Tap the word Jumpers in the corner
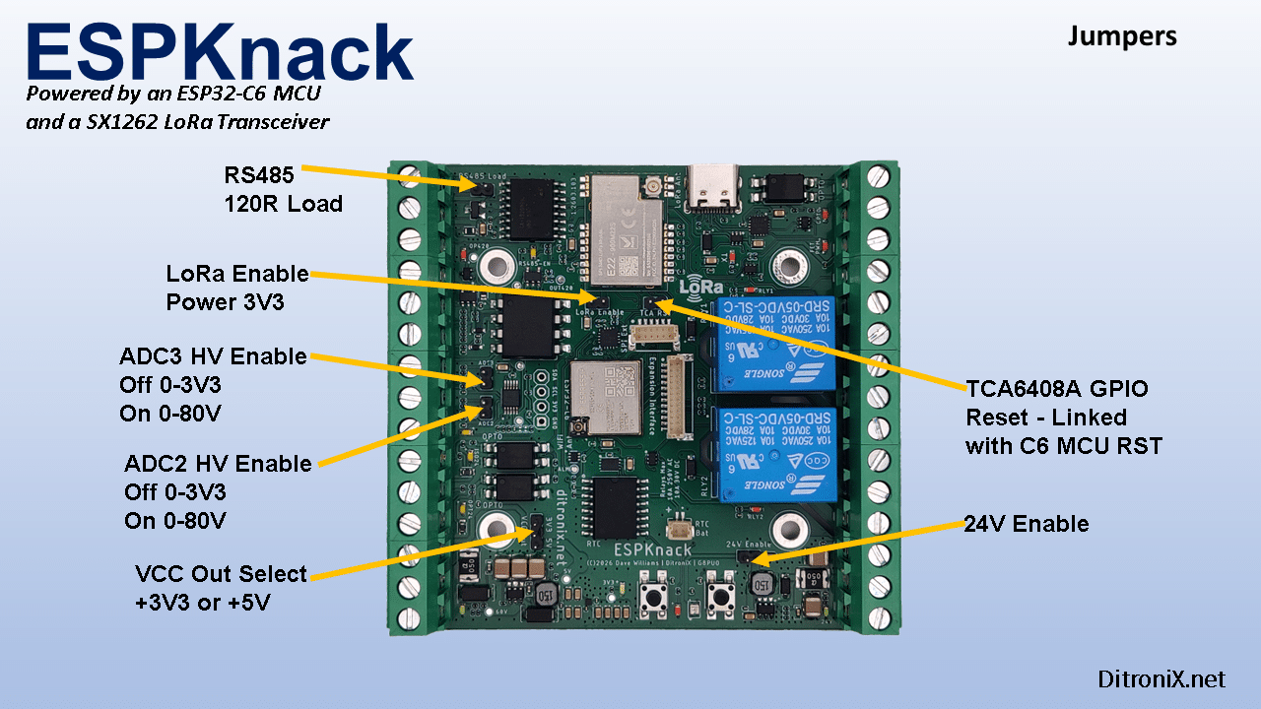click(x=1122, y=37)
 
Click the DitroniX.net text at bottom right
click(x=1161, y=679)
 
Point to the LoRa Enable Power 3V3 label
click(x=237, y=288)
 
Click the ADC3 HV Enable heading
click(x=213, y=356)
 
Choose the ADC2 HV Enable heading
click(x=218, y=464)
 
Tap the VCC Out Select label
click(x=221, y=574)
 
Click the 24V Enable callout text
click(x=1028, y=524)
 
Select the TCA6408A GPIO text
click(x=1057, y=389)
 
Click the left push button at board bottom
click(x=651, y=597)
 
